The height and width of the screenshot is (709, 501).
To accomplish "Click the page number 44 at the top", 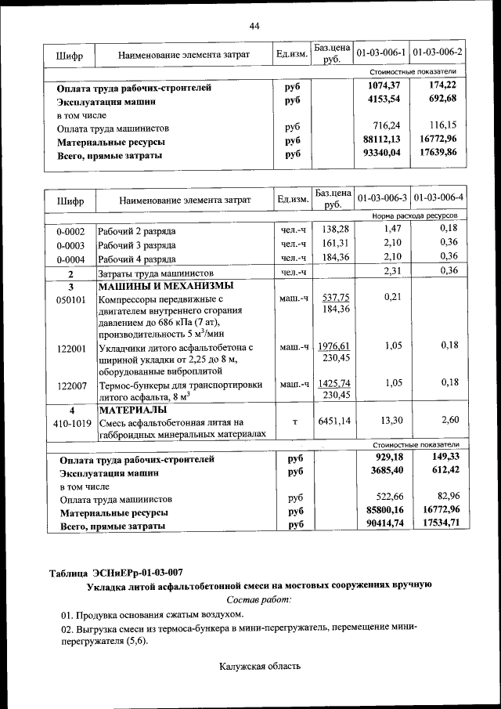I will point(254,27).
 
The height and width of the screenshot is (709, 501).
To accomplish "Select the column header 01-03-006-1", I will point(381,52).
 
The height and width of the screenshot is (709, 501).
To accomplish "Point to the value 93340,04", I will point(383,154).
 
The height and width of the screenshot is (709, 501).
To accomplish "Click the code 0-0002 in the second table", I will point(70,231).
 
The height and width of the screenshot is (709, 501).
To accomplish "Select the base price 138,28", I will point(335,228).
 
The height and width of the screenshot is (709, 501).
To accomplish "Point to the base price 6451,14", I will point(335,421).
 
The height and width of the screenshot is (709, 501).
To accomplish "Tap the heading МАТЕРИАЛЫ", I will point(132,410).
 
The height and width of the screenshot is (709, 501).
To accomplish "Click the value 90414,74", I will point(383,526).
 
